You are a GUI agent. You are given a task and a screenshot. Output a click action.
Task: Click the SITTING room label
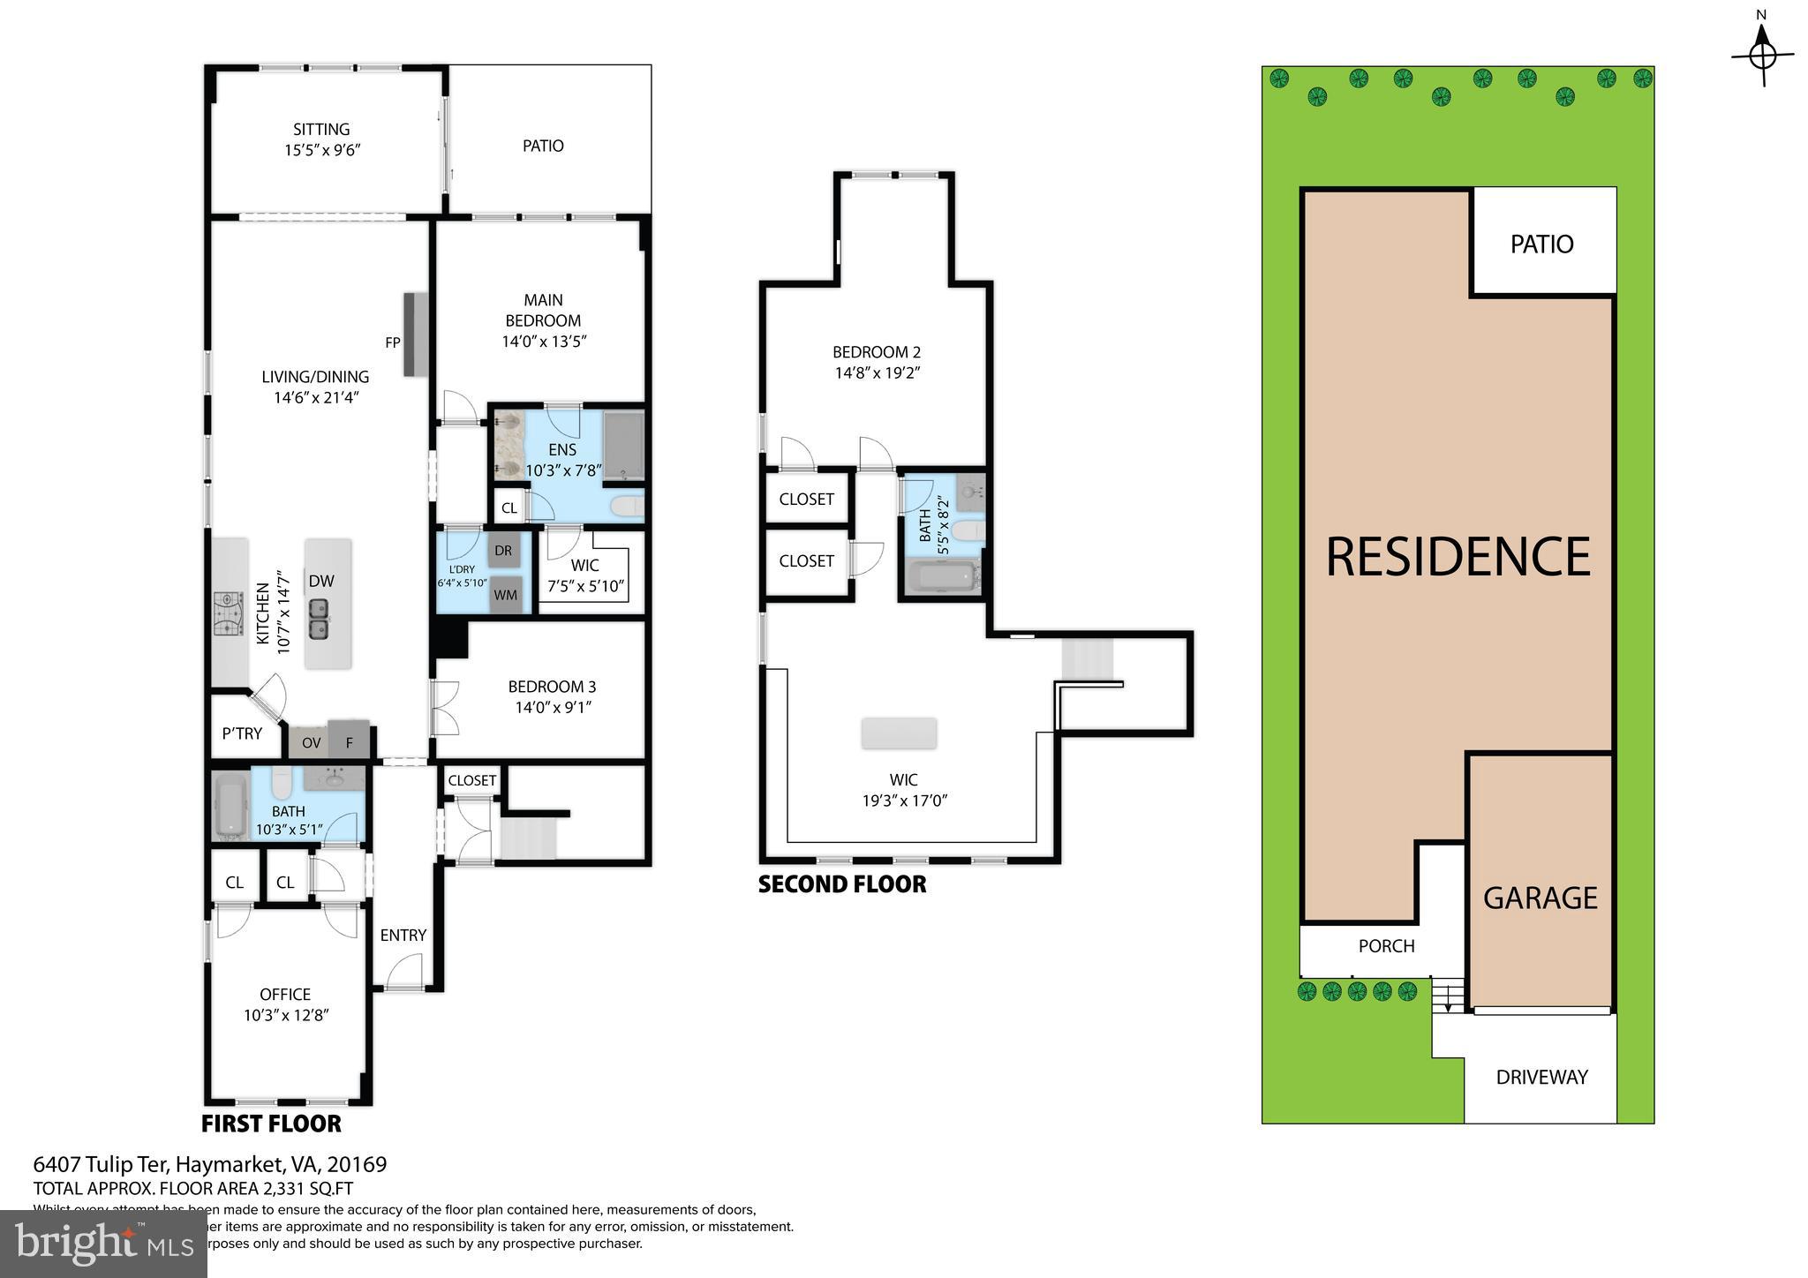pos(321,130)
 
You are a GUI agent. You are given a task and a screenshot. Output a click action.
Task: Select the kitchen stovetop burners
pos(229,613)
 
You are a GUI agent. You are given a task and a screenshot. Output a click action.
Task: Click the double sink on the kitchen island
pos(319,619)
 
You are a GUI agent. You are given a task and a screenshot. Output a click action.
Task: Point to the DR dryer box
pos(503,551)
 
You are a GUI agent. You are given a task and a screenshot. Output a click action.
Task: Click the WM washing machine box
pos(505,595)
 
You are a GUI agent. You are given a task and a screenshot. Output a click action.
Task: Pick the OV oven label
pos(311,743)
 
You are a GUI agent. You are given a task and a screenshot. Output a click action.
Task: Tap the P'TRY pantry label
pos(242,733)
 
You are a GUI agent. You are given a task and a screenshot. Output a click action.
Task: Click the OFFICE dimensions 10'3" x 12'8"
pos(286,1015)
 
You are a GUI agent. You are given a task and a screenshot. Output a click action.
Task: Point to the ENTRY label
pos(403,935)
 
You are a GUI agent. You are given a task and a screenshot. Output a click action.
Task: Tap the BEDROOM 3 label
pos(552,687)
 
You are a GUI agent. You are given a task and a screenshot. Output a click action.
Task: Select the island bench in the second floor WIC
pos(899,733)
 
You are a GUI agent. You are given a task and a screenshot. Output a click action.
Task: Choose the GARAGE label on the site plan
pos(1540,898)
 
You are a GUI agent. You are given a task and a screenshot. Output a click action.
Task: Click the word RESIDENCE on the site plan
pos(1458,557)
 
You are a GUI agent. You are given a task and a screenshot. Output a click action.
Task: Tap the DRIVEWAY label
pos(1541,1077)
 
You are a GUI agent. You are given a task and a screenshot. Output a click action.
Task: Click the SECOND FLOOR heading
pos(842,884)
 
